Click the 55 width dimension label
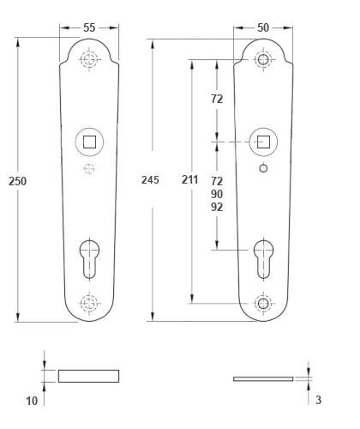[89, 27]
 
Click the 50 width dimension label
[263, 27]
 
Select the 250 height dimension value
[17, 181]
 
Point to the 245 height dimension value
[150, 180]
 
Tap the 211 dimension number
[190, 179]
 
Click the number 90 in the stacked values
[217, 194]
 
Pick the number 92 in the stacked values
[217, 207]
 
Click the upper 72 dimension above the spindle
[217, 99]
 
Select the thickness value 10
[32, 401]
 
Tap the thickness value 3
[318, 400]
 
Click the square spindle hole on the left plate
[89, 142]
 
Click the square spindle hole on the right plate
[263, 142]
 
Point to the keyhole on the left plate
[89, 259]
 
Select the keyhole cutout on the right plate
[263, 259]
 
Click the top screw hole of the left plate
[89, 60]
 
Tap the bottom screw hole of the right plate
[263, 303]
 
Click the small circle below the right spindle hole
[263, 168]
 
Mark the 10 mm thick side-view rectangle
[89, 376]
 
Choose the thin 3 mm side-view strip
[263, 379]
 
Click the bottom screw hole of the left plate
[89, 303]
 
